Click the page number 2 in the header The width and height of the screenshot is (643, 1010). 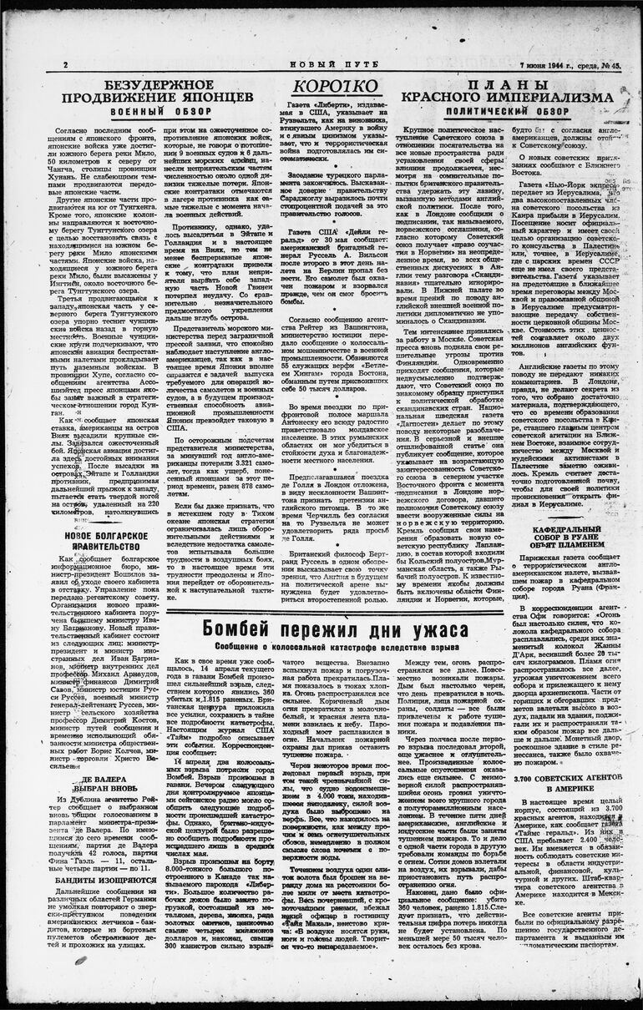[x=64, y=65]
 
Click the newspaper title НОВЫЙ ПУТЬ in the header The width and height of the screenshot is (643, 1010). [x=321, y=64]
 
